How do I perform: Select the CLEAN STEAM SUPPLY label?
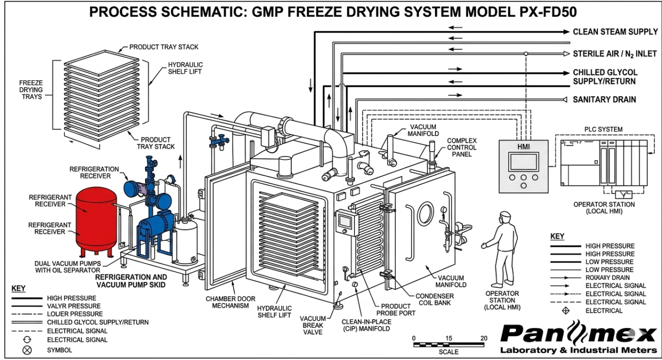(615, 32)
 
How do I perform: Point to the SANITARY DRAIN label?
(604, 100)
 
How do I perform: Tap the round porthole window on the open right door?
(425, 214)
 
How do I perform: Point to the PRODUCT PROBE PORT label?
(396, 310)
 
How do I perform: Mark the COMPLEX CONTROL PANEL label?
(462, 147)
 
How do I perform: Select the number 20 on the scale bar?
(483, 338)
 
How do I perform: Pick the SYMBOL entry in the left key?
(60, 350)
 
